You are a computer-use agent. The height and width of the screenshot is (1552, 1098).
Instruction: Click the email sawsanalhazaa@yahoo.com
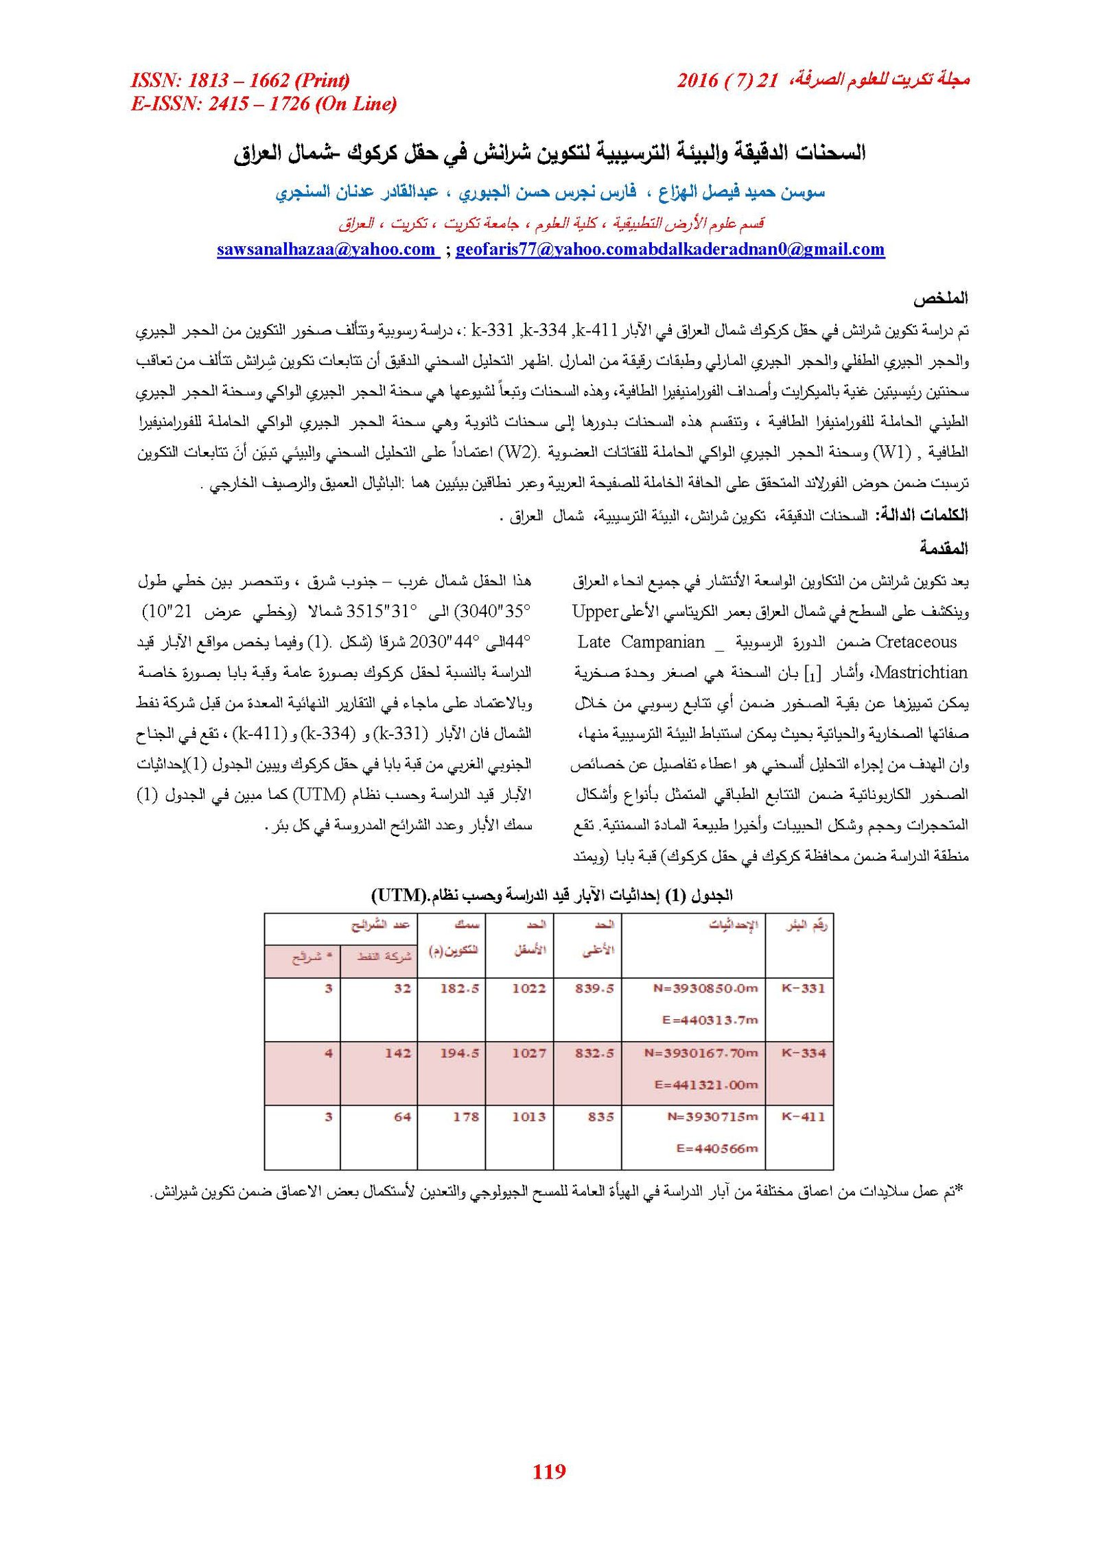tap(327, 249)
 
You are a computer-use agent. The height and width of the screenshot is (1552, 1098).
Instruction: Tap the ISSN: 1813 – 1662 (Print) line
tap(240, 80)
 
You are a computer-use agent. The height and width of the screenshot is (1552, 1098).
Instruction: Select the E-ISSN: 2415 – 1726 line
tap(264, 104)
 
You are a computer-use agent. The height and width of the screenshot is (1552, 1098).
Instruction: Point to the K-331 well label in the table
tap(803, 988)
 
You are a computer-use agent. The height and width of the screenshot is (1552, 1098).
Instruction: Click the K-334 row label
tap(803, 1053)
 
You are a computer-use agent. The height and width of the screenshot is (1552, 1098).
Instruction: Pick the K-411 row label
tap(803, 1117)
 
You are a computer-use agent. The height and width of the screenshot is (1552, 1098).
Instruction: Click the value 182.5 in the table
tap(459, 988)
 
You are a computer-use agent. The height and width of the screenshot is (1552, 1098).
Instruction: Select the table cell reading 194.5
tap(459, 1053)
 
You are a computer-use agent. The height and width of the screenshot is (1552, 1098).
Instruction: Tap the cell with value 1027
tap(528, 1053)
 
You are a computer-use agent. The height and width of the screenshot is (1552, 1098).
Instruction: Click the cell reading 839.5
tap(594, 988)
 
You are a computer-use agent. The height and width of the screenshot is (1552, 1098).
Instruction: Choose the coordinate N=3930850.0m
tap(705, 988)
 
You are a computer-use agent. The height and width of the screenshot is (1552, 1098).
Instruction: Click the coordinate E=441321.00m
tap(705, 1084)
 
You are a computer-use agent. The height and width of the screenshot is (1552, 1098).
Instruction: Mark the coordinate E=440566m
tap(716, 1148)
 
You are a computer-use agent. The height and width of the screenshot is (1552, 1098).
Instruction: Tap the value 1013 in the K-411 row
tap(528, 1117)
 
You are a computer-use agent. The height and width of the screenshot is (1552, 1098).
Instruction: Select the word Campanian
tap(662, 642)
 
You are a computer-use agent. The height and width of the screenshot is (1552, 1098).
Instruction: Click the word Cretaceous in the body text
tap(915, 642)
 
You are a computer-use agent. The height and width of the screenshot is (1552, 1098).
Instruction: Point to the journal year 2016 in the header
tap(697, 81)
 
